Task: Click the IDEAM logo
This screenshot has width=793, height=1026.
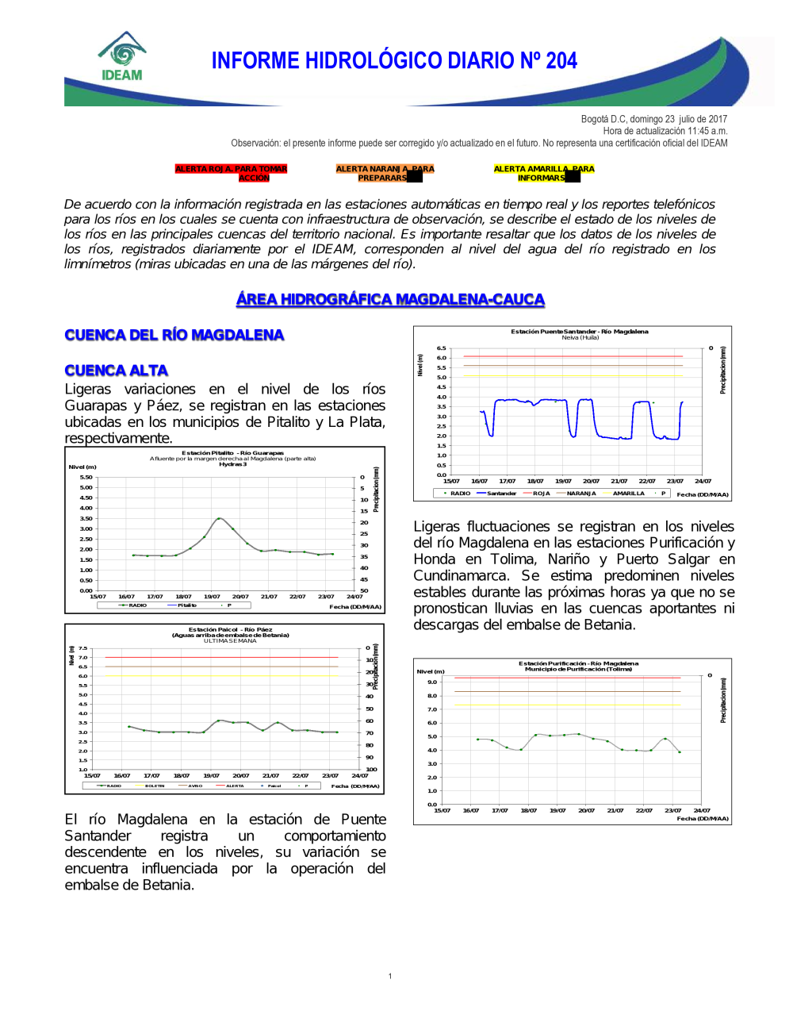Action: tap(122, 57)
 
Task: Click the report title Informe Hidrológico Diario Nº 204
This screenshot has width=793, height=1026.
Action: tap(394, 61)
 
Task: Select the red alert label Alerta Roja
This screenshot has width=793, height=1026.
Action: tap(231, 173)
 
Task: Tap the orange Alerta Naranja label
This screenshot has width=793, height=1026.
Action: tap(385, 173)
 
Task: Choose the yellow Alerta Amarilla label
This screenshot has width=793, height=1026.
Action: tap(543, 173)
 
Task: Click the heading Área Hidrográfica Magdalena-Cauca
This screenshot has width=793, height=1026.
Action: tap(390, 299)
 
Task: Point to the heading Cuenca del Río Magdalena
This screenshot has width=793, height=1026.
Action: tap(174, 335)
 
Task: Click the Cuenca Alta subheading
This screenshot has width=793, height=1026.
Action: tap(117, 371)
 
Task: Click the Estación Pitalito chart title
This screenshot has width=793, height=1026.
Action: tap(232, 453)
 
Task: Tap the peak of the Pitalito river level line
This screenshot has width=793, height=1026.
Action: tap(220, 518)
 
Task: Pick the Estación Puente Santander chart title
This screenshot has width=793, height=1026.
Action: tap(579, 332)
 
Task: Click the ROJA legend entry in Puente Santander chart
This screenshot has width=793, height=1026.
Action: tap(541, 494)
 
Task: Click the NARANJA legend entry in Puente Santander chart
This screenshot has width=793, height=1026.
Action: tap(580, 494)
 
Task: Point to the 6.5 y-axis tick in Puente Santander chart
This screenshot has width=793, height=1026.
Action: tap(441, 348)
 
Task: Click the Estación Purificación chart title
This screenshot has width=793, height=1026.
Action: tap(578, 663)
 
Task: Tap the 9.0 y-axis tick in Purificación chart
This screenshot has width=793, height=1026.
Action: tap(432, 682)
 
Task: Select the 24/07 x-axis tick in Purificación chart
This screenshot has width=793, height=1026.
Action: tap(702, 810)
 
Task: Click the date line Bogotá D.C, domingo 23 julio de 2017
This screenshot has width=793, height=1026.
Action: tap(653, 119)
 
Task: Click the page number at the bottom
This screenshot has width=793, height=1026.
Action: tap(390, 976)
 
